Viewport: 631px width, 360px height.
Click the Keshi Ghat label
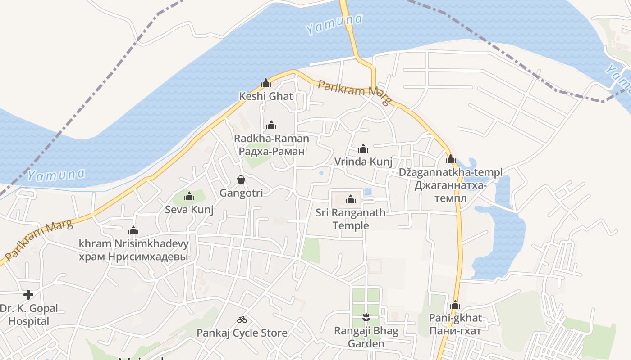click(x=266, y=96)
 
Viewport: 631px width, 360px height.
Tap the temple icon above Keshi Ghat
click(x=266, y=83)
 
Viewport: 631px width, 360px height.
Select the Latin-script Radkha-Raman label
click(x=271, y=139)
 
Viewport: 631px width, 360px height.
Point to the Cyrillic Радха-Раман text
click(x=271, y=151)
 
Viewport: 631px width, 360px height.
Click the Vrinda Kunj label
click(x=363, y=162)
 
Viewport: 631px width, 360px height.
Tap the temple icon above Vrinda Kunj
click(x=363, y=148)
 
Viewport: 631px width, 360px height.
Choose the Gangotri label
click(x=241, y=193)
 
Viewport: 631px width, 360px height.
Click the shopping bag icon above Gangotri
click(x=241, y=180)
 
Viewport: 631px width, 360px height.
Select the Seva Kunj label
click(x=189, y=210)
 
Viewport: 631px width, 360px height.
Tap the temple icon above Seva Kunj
click(x=189, y=196)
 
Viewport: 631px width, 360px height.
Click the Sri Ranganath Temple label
click(x=351, y=219)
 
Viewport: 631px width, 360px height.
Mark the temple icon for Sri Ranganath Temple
click(x=351, y=199)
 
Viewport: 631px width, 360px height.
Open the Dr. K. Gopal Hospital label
click(x=29, y=315)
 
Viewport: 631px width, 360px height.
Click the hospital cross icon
click(x=28, y=295)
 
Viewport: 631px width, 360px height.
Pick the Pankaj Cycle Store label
click(x=242, y=333)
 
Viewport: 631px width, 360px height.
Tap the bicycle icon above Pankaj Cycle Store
click(x=242, y=319)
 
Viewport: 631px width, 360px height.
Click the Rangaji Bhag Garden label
click(x=366, y=337)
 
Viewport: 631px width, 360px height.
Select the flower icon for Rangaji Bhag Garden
click(x=366, y=318)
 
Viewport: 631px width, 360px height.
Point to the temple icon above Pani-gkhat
click(x=455, y=305)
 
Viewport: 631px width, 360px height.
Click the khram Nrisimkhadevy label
click(x=133, y=244)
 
